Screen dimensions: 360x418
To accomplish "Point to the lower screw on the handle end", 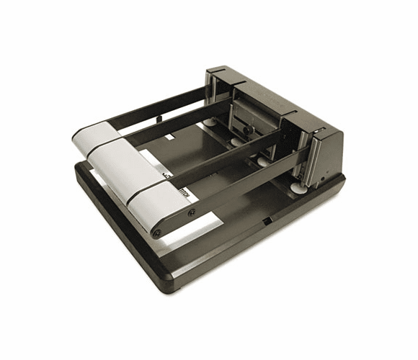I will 156,233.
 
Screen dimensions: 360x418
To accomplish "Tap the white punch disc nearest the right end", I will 297,189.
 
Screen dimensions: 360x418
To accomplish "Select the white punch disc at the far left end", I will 209,122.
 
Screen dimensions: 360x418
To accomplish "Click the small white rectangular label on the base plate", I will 171,136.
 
